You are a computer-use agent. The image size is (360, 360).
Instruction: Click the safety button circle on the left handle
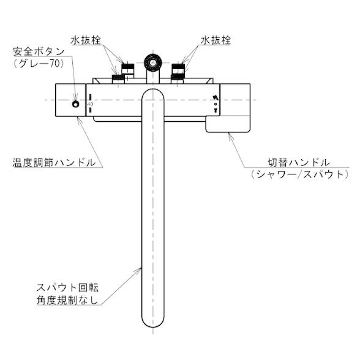click(75, 104)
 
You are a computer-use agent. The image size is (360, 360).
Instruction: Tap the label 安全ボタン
click(39, 51)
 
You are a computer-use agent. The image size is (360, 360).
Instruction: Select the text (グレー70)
click(39, 64)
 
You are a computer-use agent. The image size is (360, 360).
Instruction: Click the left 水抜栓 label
click(86, 40)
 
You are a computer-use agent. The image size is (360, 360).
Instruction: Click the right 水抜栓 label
click(216, 40)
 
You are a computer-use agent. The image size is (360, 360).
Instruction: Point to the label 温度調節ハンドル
click(54, 163)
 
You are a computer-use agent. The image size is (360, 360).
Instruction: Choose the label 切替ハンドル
click(299, 163)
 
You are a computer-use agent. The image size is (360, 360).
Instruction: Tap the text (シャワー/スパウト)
click(299, 174)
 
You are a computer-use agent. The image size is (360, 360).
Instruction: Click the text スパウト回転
click(68, 288)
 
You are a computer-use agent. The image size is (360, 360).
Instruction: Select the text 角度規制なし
click(67, 300)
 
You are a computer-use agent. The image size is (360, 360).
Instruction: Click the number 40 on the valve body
click(90, 104)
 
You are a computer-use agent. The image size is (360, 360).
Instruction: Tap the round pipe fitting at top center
click(152, 62)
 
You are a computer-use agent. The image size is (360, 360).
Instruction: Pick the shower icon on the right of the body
click(215, 97)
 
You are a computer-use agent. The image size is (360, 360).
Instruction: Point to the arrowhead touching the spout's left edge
click(139, 270)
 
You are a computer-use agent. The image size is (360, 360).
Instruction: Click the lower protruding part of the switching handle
click(228, 124)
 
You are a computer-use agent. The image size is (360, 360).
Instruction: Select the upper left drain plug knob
click(127, 68)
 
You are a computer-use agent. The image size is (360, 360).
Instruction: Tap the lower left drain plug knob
click(118, 79)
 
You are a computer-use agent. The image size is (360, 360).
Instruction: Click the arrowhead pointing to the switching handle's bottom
click(230, 135)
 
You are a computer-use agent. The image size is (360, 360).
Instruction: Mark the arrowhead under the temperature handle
click(79, 119)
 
